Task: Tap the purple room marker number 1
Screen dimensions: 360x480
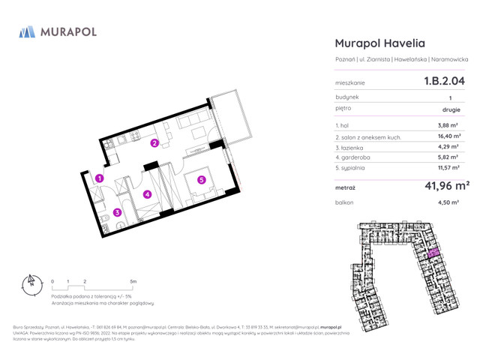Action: (x=99, y=178)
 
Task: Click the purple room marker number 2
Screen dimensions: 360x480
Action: (x=154, y=143)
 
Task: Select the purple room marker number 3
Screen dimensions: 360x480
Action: (x=118, y=212)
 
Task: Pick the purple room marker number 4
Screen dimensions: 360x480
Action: (x=148, y=194)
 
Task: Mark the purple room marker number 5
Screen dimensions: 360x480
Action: (x=201, y=179)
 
